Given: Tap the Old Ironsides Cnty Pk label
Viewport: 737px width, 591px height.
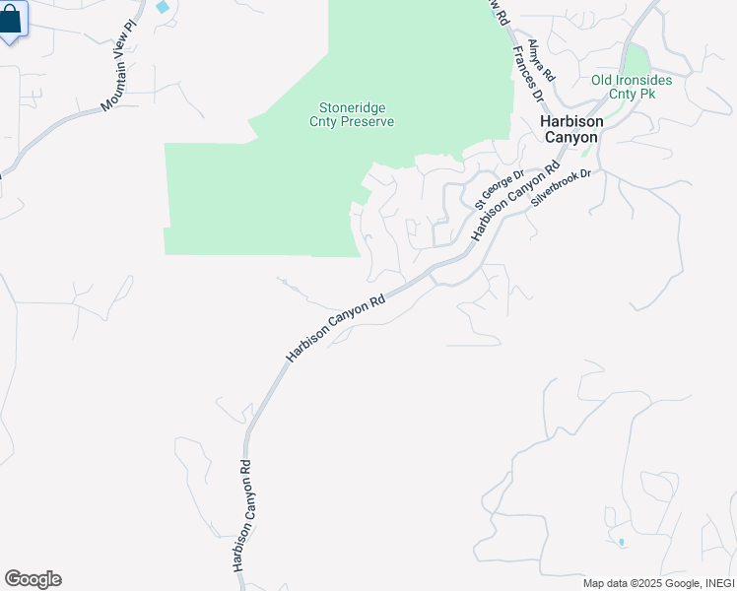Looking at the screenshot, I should pyautogui.click(x=632, y=87).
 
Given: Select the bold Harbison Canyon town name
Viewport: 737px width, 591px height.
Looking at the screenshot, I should pyautogui.click(x=569, y=129).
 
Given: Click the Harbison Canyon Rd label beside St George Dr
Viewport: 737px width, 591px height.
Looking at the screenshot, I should pyautogui.click(x=508, y=201).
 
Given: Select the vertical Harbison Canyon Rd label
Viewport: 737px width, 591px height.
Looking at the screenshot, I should pyautogui.click(x=243, y=514).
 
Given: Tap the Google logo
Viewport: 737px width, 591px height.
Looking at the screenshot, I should pyautogui.click(x=33, y=579).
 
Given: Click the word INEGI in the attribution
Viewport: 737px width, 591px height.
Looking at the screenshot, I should pyautogui.click(x=714, y=583).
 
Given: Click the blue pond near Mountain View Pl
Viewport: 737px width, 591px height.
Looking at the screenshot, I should pyautogui.click(x=162, y=7).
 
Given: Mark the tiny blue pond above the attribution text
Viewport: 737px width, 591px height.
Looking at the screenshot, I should pyautogui.click(x=622, y=542).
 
